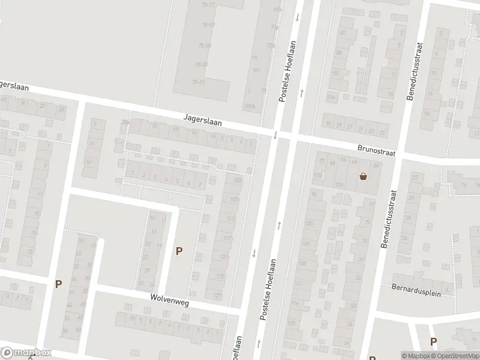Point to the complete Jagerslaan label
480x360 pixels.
[x=203, y=121]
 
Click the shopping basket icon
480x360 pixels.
[x=363, y=176]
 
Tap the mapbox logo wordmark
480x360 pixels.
[x=26, y=353]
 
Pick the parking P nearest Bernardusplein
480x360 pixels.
[x=433, y=341]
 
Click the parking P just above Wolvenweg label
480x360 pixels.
[x=179, y=251]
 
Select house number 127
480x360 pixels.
[x=217, y=295]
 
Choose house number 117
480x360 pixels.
[x=227, y=238]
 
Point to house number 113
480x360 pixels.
[x=231, y=219]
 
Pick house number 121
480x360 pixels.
[x=224, y=257]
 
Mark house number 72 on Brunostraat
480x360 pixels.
[x=322, y=160]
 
